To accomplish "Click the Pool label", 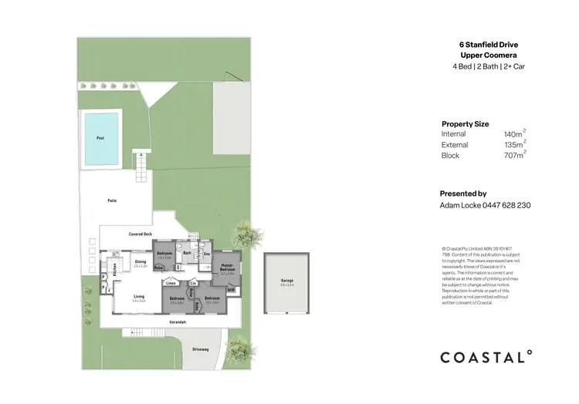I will [100, 138].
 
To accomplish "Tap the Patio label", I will [112, 200].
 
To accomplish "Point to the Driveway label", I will [201, 349].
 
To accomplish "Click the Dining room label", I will [141, 262].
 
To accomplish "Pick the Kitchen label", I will [114, 269].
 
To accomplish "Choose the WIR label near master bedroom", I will [231, 289].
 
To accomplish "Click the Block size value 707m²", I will [514, 155].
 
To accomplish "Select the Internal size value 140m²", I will [514, 134].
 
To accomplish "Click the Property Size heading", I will [465, 123].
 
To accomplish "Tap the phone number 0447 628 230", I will [506, 205].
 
